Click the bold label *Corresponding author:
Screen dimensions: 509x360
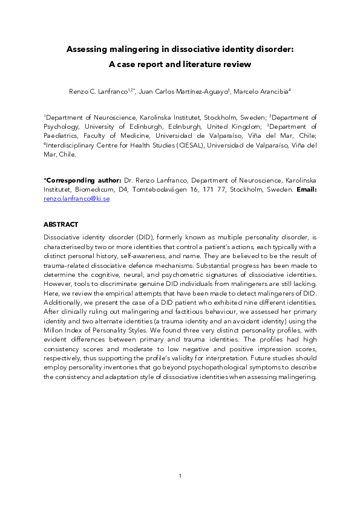82,180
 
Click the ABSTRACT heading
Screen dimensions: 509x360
61,224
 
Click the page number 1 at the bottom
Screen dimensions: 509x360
180,476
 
